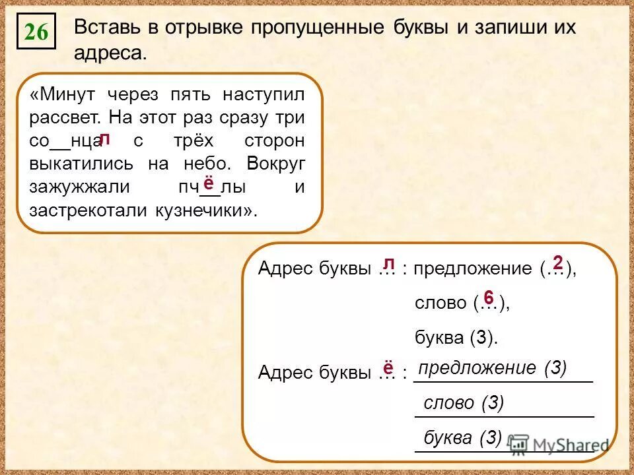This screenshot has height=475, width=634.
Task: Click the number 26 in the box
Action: (x=36, y=32)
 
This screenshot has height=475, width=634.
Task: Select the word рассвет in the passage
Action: (x=63, y=118)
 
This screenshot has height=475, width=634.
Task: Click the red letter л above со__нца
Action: (x=104, y=139)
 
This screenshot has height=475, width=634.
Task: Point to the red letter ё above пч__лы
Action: (x=208, y=183)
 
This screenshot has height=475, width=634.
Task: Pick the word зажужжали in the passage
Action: (x=79, y=187)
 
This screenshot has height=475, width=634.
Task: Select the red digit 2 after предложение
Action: (x=557, y=263)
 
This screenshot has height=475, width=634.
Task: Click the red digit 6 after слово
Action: (x=488, y=297)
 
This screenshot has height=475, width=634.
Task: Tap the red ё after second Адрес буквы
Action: (x=388, y=367)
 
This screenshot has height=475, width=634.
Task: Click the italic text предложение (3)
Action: (x=493, y=368)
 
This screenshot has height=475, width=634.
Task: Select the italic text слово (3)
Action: (x=464, y=403)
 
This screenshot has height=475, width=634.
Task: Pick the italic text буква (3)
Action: (x=463, y=438)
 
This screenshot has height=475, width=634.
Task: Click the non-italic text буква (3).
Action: (x=455, y=338)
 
